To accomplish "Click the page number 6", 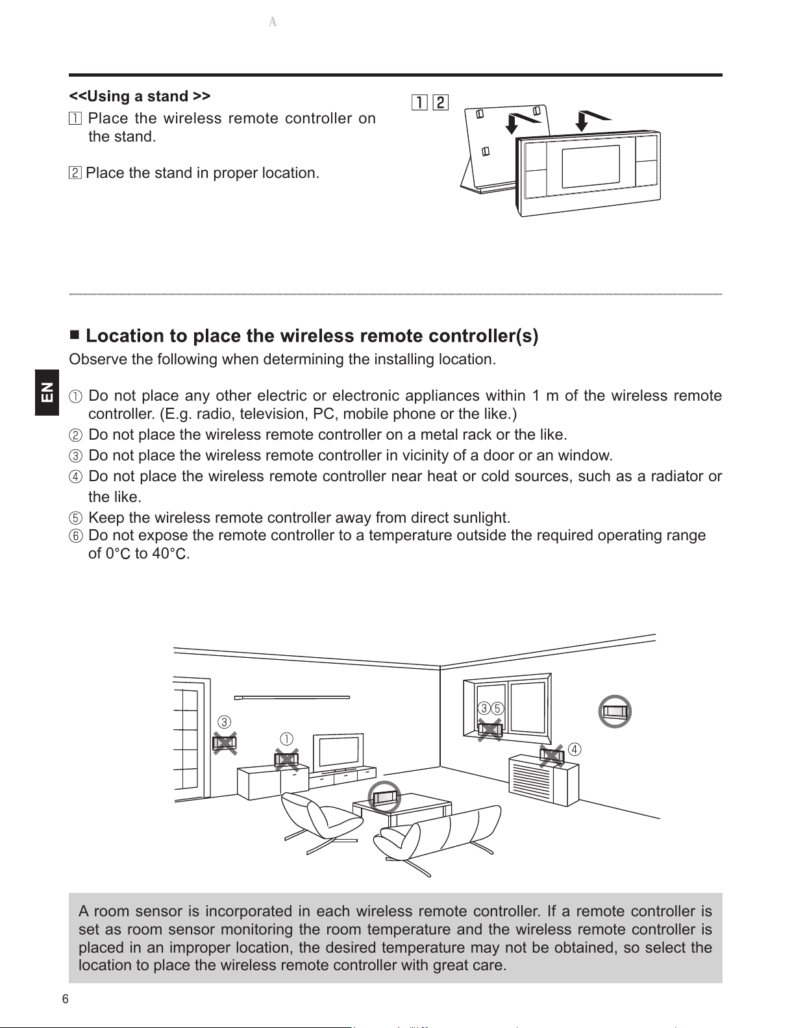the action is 66,999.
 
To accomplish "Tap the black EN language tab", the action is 47,392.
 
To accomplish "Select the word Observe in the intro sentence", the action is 98,359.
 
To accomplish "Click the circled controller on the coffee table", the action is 384,797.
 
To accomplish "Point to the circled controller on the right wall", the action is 615,711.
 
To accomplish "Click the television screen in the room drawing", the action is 339,751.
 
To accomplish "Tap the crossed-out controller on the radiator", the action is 551,756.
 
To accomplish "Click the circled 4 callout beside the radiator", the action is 574,749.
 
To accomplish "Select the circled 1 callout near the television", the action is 286,738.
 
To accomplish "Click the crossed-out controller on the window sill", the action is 489,730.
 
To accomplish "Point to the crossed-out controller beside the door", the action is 225,743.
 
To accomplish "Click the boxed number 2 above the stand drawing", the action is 441,103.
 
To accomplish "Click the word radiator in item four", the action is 677,476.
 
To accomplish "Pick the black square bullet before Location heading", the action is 75,335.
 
